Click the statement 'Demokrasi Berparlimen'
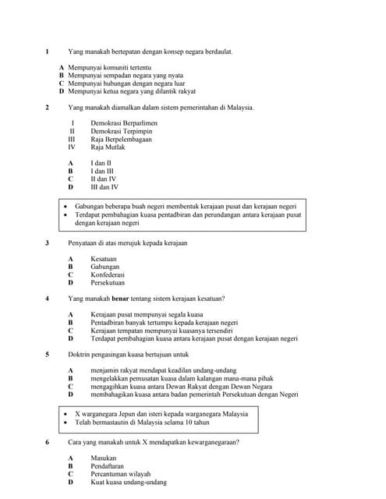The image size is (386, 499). [x=123, y=123]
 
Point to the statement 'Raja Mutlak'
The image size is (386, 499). [x=108, y=147]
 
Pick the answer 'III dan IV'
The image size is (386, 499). [x=105, y=187]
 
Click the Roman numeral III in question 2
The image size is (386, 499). [x=72, y=139]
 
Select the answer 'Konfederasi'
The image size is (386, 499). [x=108, y=274]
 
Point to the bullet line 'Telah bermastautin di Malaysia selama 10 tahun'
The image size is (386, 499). [x=142, y=422]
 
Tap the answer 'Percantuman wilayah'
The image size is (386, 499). [x=120, y=474]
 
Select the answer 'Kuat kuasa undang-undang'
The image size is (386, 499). [x=129, y=482]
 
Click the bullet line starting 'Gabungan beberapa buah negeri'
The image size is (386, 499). [x=186, y=207]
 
